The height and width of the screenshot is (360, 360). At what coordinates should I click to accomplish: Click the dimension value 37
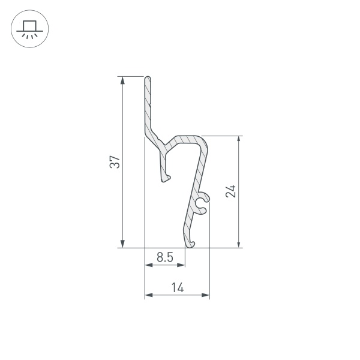(x=115, y=162)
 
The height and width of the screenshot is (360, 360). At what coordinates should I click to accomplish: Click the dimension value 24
(x=231, y=191)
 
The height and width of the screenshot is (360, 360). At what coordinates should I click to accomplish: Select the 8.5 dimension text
(x=165, y=257)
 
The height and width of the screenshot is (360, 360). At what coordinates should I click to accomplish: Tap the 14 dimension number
(x=177, y=287)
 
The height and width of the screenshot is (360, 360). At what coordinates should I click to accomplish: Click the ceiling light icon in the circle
(x=30, y=29)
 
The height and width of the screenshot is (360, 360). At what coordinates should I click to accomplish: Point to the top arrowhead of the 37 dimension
(x=122, y=80)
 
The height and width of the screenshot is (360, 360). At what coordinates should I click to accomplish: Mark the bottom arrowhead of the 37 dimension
(x=122, y=244)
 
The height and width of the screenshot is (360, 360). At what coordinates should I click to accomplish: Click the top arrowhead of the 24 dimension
(x=239, y=140)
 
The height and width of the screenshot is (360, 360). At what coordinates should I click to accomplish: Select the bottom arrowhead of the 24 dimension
(x=239, y=244)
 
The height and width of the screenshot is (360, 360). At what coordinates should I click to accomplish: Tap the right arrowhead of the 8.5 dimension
(x=182, y=265)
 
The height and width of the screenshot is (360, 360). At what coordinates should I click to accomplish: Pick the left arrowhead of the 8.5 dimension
(x=148, y=265)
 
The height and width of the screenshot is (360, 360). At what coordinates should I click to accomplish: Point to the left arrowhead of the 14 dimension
(x=148, y=295)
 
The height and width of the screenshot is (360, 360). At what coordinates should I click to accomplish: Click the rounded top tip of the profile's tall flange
(x=147, y=78)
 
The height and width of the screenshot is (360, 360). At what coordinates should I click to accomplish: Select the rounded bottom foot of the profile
(x=191, y=243)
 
